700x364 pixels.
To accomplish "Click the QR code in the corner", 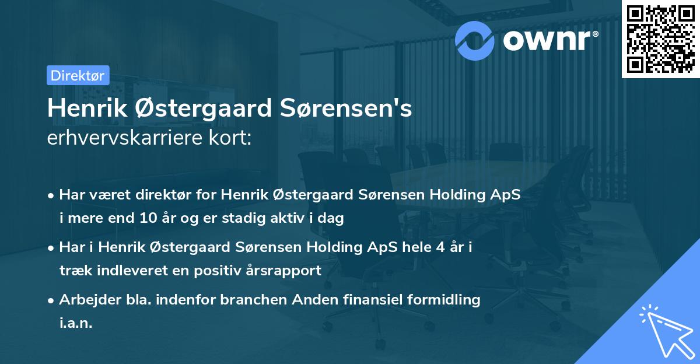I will [x=660, y=38].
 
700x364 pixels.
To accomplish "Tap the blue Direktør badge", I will [x=78, y=75].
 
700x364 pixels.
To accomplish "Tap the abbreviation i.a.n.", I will [x=76, y=323].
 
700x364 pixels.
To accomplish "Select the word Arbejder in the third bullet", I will [x=84, y=300].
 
